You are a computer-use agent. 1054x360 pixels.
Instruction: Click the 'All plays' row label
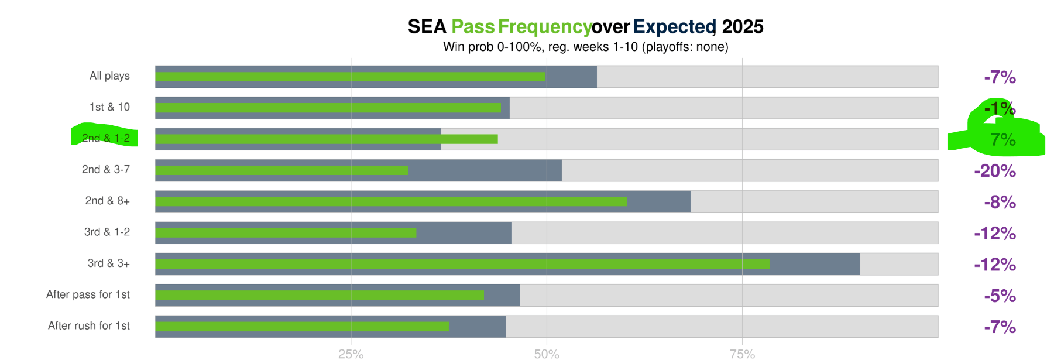[x=109, y=76]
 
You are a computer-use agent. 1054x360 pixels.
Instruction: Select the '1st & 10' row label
[x=109, y=107]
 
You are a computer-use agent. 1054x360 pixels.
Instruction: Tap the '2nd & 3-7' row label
[x=106, y=170]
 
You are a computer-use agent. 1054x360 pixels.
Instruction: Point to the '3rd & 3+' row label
[x=109, y=263]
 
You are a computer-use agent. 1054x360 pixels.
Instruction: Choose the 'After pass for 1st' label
[x=88, y=294]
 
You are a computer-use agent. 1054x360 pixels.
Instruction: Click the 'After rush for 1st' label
[x=89, y=326]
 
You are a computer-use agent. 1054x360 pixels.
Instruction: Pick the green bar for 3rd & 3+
[x=462, y=264]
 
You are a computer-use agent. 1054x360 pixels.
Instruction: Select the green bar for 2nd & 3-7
[x=281, y=170]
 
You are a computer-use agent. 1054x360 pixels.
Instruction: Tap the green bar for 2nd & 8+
[x=391, y=201]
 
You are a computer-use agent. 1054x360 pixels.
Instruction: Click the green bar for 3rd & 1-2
[x=286, y=233]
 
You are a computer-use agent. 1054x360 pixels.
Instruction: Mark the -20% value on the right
[x=994, y=171]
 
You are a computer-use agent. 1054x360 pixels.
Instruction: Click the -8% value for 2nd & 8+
[x=1000, y=203]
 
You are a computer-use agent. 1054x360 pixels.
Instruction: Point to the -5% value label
[x=1000, y=296]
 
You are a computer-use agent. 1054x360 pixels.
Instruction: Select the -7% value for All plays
[x=1000, y=77]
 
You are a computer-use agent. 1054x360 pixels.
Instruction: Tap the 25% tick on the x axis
[x=351, y=354]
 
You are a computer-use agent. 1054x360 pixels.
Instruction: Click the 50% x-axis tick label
[x=547, y=354]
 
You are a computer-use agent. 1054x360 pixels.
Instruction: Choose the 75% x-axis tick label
[x=742, y=354]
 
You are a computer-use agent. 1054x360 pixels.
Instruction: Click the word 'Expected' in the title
[x=674, y=27]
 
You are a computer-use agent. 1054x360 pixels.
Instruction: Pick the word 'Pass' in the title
[x=473, y=27]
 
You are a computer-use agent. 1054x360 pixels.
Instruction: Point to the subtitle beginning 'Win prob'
[x=585, y=47]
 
